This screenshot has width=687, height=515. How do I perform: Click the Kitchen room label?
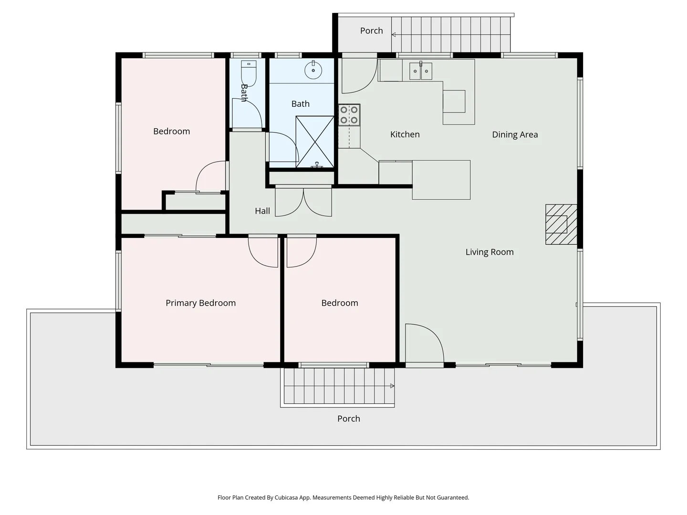(405, 134)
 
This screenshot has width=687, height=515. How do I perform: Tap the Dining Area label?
(515, 134)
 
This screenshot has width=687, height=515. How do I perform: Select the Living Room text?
(489, 252)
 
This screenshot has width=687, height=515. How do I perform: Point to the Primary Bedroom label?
(201, 303)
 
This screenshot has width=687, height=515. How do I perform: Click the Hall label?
(262, 211)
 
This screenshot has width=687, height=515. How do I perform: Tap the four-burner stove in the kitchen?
(349, 115)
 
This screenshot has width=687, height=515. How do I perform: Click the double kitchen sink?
(421, 71)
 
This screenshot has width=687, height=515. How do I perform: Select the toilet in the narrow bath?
(249, 73)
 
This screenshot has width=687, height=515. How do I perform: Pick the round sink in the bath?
(313, 70)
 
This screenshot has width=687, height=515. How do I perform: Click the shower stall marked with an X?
(315, 142)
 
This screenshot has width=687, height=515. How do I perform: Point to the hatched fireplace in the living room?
(561, 224)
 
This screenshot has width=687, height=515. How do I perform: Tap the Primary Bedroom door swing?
(263, 251)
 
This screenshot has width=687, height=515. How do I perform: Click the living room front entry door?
(425, 344)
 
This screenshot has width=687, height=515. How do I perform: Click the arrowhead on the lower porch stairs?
(392, 386)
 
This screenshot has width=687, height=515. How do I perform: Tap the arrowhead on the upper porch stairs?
(394, 35)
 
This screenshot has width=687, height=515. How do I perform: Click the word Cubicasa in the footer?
(286, 497)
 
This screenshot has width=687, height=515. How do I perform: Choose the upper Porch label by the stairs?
(372, 31)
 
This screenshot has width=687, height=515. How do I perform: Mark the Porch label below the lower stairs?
(349, 419)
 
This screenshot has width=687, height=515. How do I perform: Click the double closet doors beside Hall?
(303, 202)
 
